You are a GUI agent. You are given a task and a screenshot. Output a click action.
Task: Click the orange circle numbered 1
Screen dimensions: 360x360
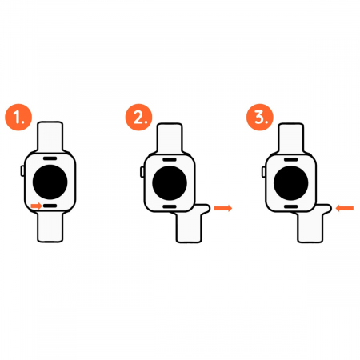[18, 117]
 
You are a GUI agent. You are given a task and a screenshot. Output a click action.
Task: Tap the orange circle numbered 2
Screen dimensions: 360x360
[138, 117]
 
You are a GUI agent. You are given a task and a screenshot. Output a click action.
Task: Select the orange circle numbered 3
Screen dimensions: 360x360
[260, 117]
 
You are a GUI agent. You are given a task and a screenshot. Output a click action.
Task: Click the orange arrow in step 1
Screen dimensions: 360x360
[36, 206]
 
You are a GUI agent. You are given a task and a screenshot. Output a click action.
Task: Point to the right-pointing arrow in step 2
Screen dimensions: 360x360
[223, 208]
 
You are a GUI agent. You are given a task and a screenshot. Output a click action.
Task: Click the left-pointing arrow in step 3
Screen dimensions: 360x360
[345, 208]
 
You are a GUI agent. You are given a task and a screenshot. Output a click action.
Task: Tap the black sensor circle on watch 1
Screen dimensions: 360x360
[50, 182]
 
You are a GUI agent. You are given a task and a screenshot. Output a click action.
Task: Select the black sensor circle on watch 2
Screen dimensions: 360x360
[170, 183]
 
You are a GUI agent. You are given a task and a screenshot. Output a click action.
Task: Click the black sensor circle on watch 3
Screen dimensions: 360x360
[291, 183]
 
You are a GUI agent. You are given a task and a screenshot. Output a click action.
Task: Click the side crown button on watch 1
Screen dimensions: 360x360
[22, 170]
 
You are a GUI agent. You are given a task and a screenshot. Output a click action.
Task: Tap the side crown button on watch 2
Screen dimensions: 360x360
[142, 172]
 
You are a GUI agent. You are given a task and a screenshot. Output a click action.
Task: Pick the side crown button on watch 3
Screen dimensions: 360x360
[263, 172]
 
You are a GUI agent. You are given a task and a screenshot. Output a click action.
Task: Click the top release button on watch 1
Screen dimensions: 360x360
[50, 158]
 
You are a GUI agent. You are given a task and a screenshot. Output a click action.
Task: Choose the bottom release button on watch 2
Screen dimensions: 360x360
[170, 206]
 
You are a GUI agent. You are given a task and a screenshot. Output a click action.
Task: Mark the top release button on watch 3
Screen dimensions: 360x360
[291, 159]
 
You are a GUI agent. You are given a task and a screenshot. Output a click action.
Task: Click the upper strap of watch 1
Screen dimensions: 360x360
[50, 137]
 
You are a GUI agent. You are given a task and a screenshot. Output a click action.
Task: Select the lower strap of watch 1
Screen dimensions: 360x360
[50, 227]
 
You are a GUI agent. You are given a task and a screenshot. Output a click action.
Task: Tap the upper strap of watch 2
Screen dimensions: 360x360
[170, 138]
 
